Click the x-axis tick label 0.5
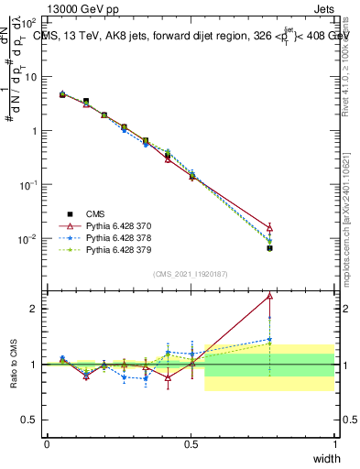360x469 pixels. (x=191, y=443)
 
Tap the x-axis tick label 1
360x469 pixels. (x=334, y=443)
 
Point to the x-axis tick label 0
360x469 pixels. (x=47, y=443)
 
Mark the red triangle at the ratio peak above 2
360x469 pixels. (x=269, y=296)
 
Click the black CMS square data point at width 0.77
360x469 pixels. (x=269, y=248)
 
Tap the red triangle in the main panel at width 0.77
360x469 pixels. (x=269, y=227)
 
